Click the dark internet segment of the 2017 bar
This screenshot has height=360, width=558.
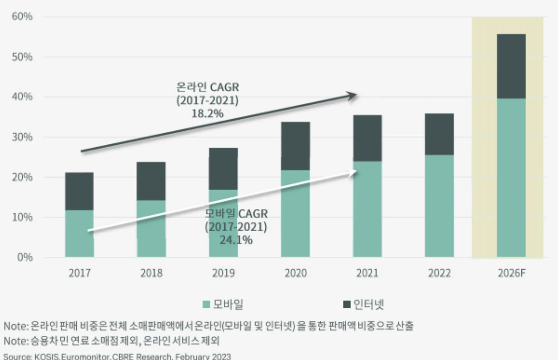[x=80, y=191]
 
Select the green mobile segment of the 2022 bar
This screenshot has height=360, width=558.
[x=439, y=206]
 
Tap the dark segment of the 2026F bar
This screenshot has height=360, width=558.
[x=511, y=66]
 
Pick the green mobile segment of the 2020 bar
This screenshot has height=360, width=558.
[x=295, y=213]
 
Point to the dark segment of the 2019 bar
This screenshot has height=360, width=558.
[x=224, y=169]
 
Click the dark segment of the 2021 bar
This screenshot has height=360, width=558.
[x=368, y=138]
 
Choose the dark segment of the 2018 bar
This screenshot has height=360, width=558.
[x=151, y=181]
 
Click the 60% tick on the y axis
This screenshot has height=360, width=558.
[x=22, y=16]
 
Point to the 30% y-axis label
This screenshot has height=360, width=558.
[x=22, y=137]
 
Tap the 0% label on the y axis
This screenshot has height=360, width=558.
[x=25, y=257]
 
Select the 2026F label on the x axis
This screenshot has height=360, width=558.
[x=512, y=273]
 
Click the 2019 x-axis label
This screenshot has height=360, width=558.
[x=224, y=273]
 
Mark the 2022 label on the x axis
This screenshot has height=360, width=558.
[x=439, y=273]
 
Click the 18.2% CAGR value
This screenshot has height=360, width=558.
[x=208, y=114]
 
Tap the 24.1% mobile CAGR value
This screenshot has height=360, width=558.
[x=236, y=240]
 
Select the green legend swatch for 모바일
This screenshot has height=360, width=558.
[x=206, y=305]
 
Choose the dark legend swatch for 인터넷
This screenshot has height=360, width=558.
[x=347, y=305]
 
